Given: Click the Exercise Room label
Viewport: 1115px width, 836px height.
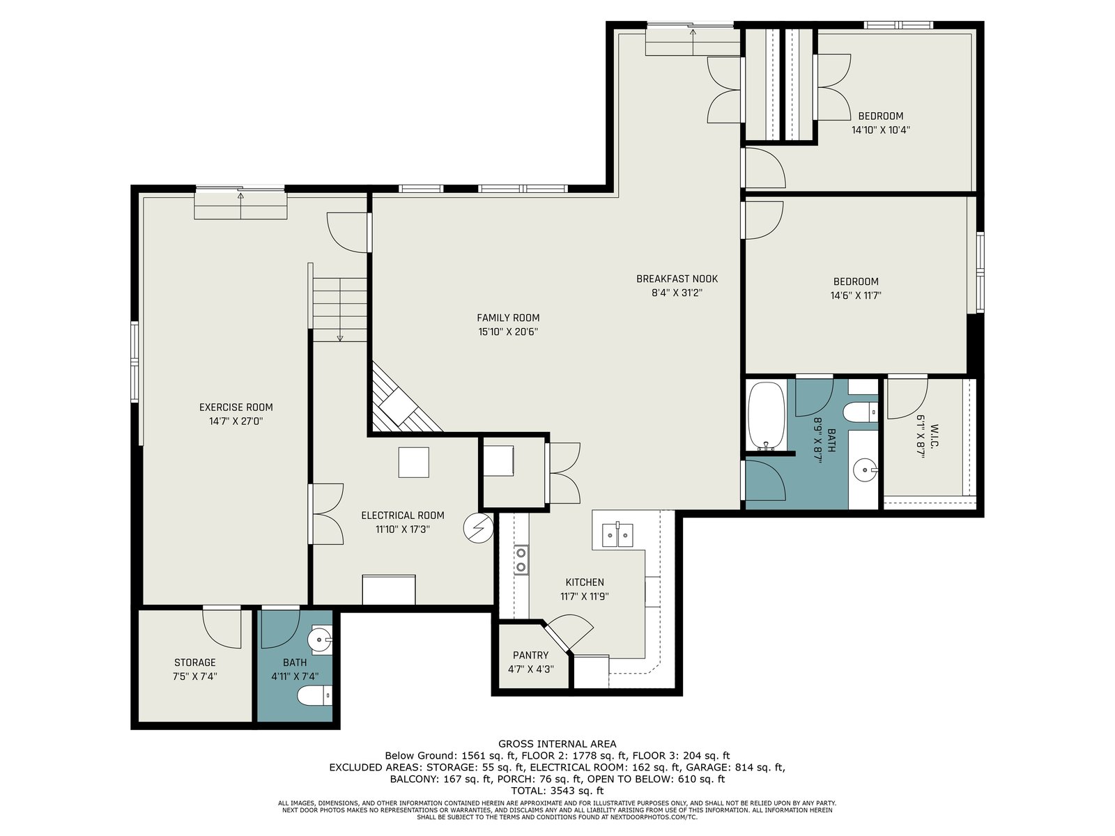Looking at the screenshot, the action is (x=236, y=407).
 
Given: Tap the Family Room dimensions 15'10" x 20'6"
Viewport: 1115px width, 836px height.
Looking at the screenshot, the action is (x=508, y=332).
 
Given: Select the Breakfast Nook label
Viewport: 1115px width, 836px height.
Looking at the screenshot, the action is (x=677, y=279).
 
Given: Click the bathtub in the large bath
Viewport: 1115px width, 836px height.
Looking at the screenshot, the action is (x=766, y=416).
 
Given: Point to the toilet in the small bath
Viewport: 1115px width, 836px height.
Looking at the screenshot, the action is (x=314, y=695).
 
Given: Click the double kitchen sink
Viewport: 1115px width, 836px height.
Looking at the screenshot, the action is (x=617, y=534).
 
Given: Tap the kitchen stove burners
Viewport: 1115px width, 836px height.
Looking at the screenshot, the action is (x=521, y=560).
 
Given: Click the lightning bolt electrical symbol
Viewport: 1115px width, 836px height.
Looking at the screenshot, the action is (x=479, y=528).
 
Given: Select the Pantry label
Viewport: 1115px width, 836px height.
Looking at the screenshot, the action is (x=531, y=656).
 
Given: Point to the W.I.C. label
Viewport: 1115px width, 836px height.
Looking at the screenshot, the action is (x=935, y=437).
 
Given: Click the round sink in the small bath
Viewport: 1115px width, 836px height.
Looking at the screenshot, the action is (x=321, y=640).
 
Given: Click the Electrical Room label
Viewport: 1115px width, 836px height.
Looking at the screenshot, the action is (x=403, y=516).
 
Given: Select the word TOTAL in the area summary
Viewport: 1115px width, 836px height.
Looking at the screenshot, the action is (x=528, y=790).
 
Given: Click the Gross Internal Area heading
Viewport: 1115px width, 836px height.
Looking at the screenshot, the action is (x=557, y=743).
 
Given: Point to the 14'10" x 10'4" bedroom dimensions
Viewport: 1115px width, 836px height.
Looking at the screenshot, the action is (x=881, y=130).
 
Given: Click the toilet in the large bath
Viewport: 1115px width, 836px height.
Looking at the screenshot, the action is (x=861, y=412).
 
